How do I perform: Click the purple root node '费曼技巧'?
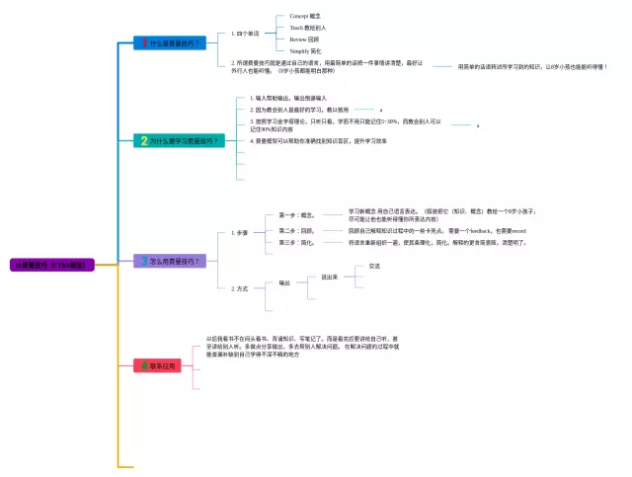[52, 265]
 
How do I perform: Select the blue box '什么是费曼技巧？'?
[171, 42]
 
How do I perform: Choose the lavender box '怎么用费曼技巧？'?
[170, 261]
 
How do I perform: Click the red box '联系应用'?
[157, 366]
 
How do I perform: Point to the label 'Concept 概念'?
[305, 17]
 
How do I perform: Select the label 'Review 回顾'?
[305, 39]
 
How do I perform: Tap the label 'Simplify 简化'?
[306, 50]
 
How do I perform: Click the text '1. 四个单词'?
[245, 34]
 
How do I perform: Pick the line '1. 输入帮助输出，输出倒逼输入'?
[289, 98]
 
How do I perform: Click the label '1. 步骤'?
[240, 233]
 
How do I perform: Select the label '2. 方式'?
[240, 288]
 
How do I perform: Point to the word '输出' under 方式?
[284, 283]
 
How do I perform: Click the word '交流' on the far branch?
[374, 267]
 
